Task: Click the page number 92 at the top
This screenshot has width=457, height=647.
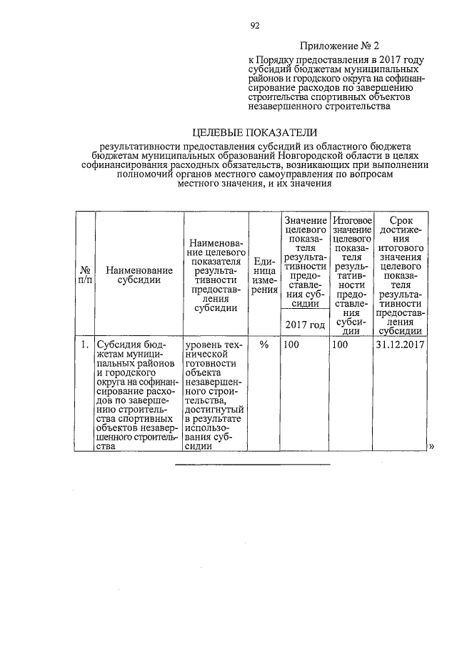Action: [x=254, y=26]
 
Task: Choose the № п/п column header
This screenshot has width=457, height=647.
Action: [x=84, y=275]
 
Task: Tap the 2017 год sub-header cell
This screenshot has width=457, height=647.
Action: [x=305, y=325]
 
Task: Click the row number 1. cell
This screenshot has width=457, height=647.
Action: [x=84, y=345]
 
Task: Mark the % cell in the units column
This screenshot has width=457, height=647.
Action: [x=264, y=345]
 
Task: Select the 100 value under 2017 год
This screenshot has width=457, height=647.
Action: [x=291, y=345]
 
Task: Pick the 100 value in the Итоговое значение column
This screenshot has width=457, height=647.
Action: [x=340, y=345]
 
